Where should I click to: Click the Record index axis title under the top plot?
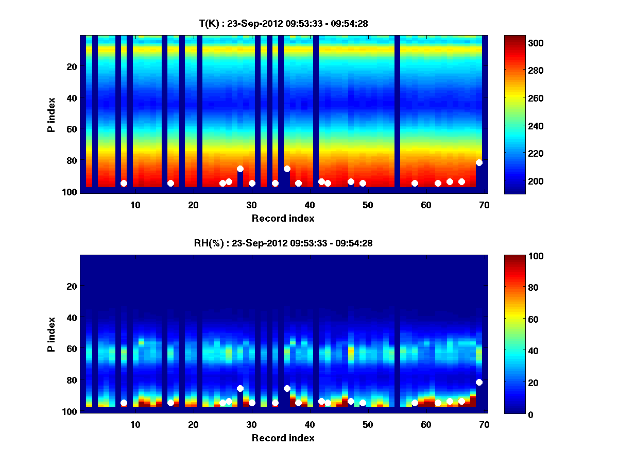coord(283,218)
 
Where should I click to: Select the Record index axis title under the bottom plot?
coord(283,438)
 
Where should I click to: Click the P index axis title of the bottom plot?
coord(51,334)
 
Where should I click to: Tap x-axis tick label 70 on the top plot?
coord(484,205)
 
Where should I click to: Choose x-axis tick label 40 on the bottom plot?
coord(310,424)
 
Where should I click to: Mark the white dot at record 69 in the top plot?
coord(479,162)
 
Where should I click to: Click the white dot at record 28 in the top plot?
coord(240,169)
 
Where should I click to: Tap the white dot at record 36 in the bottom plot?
coord(287,388)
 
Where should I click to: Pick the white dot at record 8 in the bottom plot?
coord(124,403)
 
